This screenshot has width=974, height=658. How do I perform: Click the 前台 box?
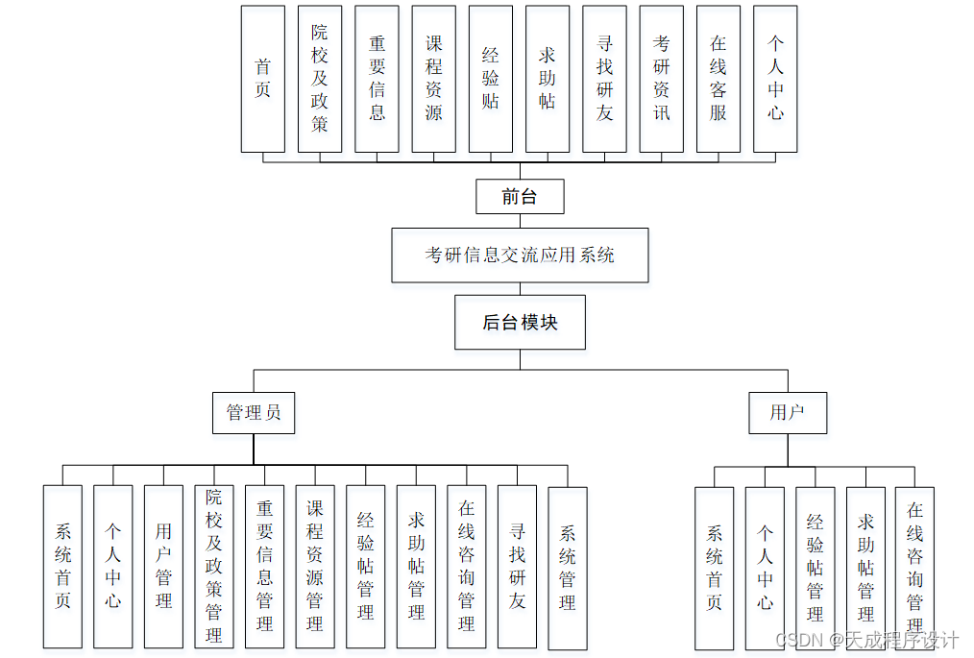pyautogui.click(x=520, y=197)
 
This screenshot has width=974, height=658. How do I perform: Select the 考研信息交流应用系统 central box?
pyautogui.click(x=520, y=255)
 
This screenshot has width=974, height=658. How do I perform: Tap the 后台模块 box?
pyautogui.click(x=520, y=322)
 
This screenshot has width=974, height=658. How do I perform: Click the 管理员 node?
pyautogui.click(x=254, y=413)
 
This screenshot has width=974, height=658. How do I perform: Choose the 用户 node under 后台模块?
pyautogui.click(x=787, y=413)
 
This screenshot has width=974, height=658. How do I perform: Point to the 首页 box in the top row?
pyautogui.click(x=262, y=79)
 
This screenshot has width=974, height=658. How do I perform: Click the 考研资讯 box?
pyautogui.click(x=662, y=79)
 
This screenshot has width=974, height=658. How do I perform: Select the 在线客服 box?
pyautogui.click(x=718, y=79)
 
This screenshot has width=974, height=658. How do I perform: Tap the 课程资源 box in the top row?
pyautogui.click(x=434, y=79)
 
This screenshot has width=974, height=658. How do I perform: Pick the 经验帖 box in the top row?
pyautogui.click(x=491, y=79)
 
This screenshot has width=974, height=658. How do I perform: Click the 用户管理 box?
pyautogui.click(x=163, y=567)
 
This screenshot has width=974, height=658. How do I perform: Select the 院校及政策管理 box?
pyautogui.click(x=214, y=567)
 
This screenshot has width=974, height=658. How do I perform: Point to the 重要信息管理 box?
pyautogui.click(x=265, y=567)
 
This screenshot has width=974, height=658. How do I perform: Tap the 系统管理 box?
pyautogui.click(x=568, y=567)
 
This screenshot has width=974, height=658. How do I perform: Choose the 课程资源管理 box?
pyautogui.click(x=315, y=567)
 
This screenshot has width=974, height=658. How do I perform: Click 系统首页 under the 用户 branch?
pyautogui.click(x=715, y=568)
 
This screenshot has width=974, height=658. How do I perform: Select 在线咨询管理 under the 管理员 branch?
pyautogui.click(x=467, y=567)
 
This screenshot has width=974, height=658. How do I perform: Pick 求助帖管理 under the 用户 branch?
pyautogui.click(x=865, y=568)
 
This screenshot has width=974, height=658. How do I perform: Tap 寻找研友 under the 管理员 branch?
pyautogui.click(x=517, y=567)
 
